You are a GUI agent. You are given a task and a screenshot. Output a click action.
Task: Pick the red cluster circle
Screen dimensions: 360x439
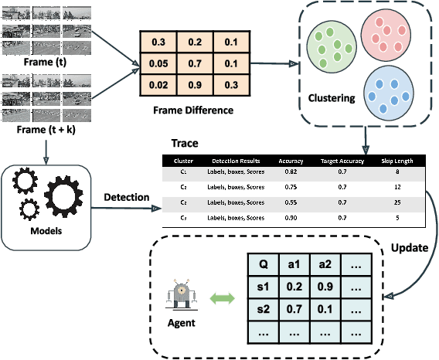click(x=386, y=32)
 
